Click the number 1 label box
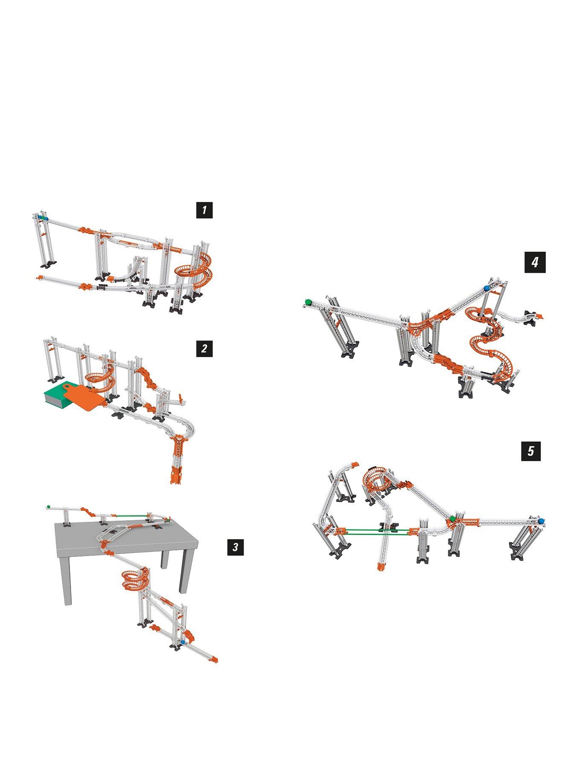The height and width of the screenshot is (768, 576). click(x=204, y=210)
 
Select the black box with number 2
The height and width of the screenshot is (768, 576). click(x=204, y=348)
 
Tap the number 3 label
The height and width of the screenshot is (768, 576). click(x=236, y=547)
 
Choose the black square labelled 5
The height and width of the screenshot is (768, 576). click(x=531, y=451)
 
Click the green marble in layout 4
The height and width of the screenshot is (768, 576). click(x=307, y=302)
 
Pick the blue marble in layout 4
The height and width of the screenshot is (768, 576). click(x=487, y=288)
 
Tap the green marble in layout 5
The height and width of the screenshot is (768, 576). click(x=452, y=518)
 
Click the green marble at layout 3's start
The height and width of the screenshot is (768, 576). click(x=49, y=506)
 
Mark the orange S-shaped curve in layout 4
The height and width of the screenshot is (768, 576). click(x=489, y=337)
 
